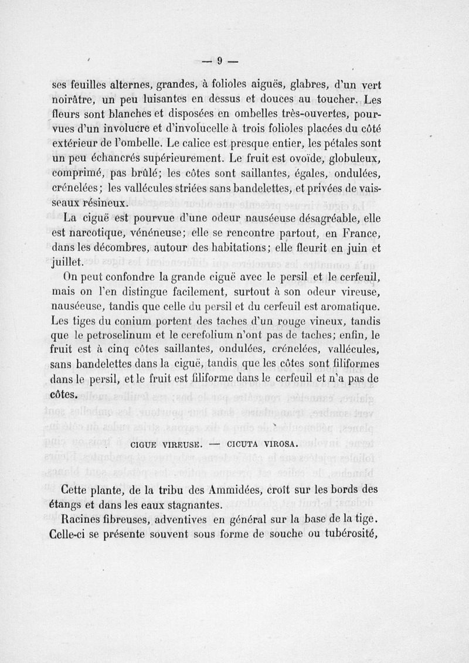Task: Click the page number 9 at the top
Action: click(219, 60)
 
